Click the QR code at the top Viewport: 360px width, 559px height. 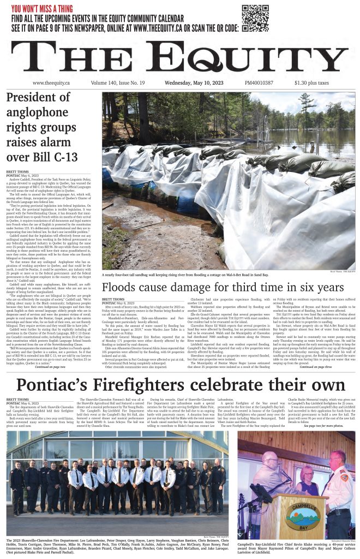point(255,18)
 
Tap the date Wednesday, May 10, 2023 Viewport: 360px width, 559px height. point(195,83)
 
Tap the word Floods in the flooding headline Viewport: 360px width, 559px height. point(121,288)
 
